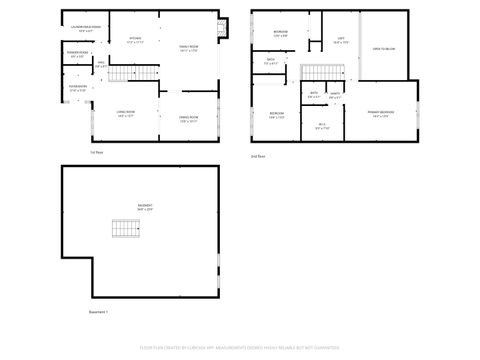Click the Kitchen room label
135,41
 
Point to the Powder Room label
78,55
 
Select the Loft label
341,41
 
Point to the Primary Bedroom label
379,114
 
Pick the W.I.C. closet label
321,126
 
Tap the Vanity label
335,96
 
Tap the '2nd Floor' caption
257,156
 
